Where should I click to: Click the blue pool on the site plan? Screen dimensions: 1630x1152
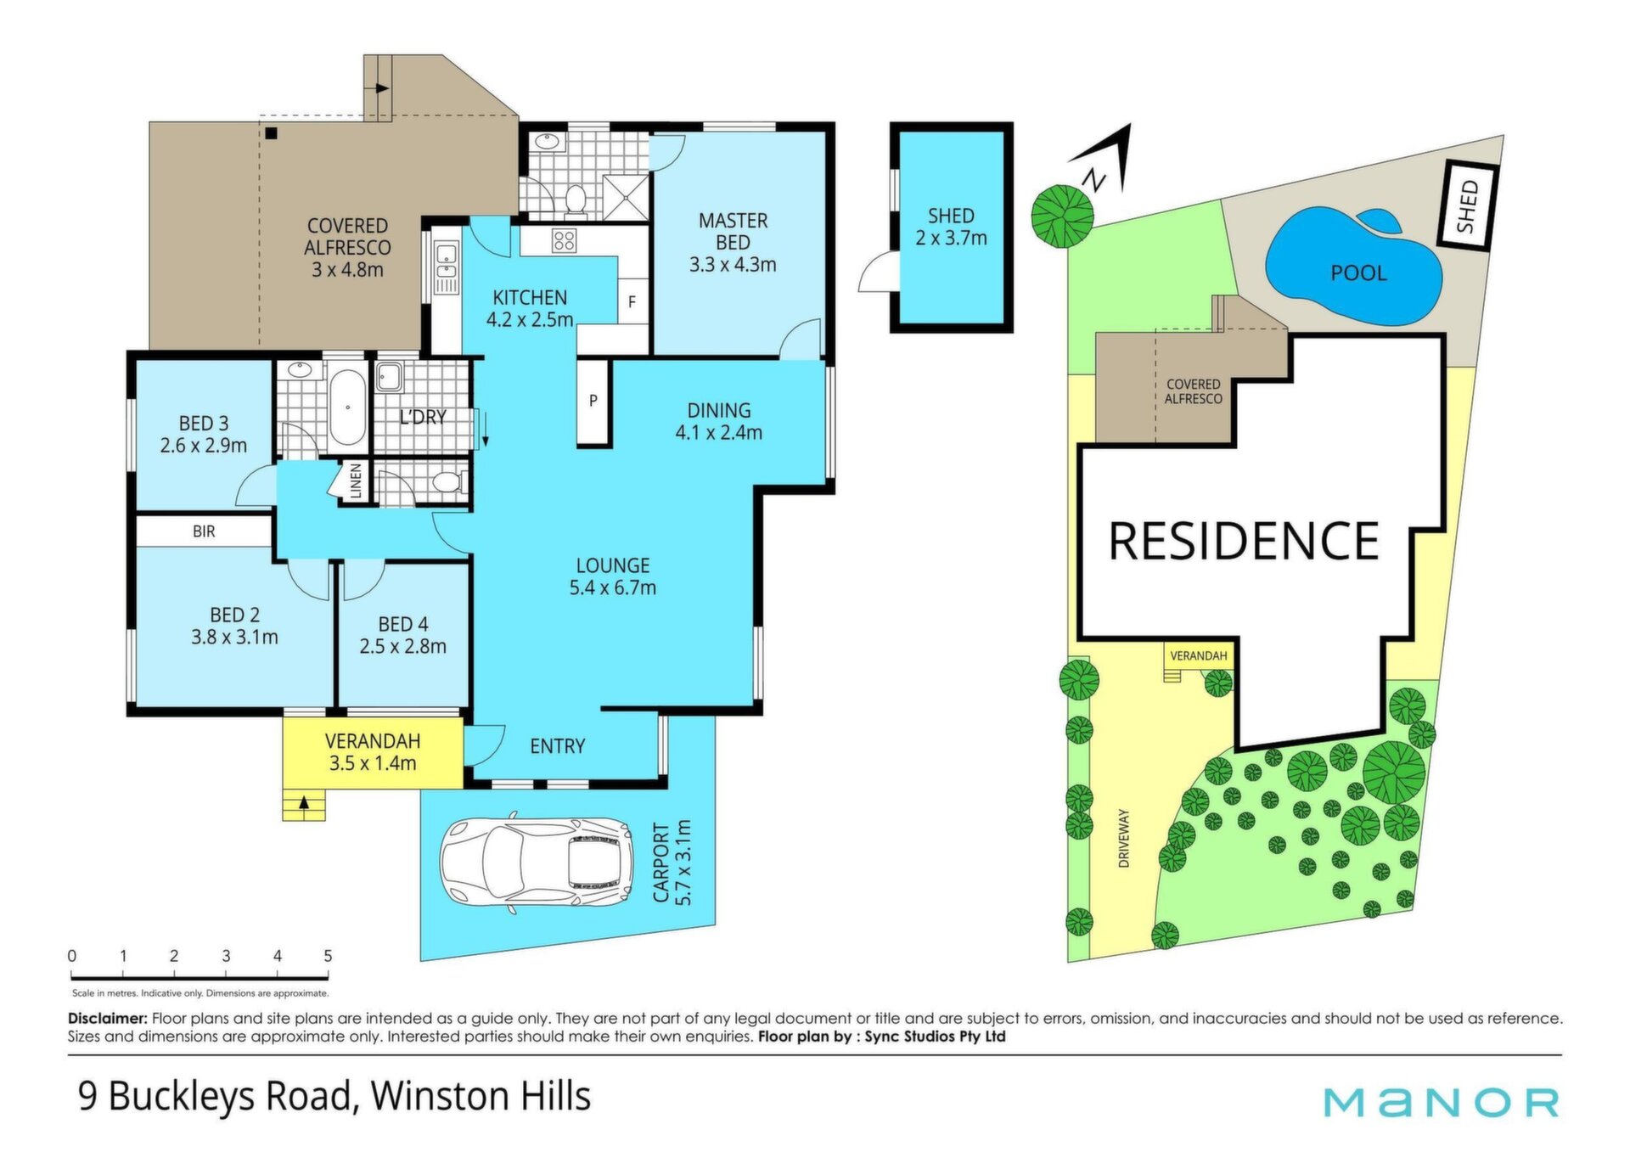[x=1355, y=267]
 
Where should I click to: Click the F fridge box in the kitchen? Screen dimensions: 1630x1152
[x=632, y=301]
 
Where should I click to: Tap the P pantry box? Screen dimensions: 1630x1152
[x=593, y=401]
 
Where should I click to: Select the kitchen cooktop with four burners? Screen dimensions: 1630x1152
[x=564, y=241]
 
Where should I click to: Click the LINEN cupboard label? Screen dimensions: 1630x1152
[x=357, y=480]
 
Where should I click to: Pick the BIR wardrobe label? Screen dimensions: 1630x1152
[x=204, y=531]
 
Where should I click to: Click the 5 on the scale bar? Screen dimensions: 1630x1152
[x=328, y=956]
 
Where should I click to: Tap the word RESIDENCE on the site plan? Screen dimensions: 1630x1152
[x=1243, y=541]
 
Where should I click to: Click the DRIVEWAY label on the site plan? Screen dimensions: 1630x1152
[x=1124, y=837]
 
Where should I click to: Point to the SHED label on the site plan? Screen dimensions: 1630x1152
[x=1467, y=205]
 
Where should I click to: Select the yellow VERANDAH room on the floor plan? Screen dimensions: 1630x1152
[x=373, y=753]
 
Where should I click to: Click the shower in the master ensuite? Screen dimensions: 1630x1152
[x=627, y=198]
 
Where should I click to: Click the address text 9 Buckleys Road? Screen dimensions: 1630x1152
[x=214, y=1096]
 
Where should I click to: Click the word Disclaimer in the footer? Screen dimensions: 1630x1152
[x=108, y=1018]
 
